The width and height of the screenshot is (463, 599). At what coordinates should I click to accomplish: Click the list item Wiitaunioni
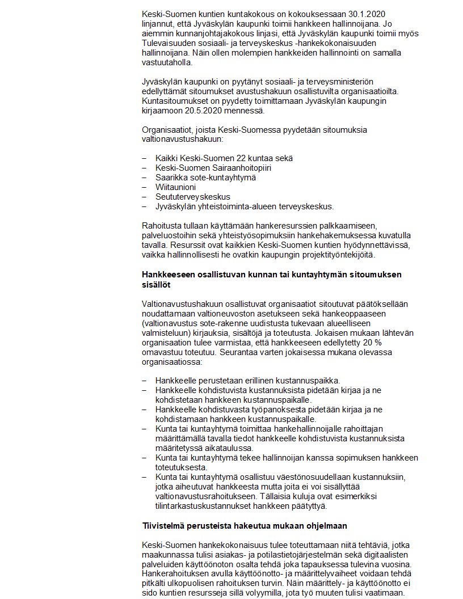click(176, 187)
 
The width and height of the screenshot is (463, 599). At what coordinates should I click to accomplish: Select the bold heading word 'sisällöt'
click(156, 284)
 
